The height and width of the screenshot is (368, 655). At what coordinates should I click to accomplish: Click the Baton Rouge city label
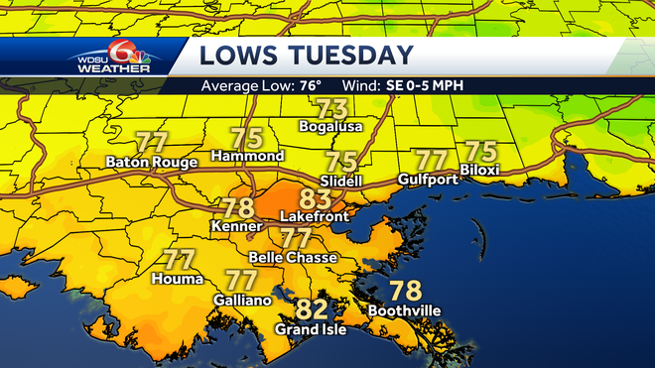151,160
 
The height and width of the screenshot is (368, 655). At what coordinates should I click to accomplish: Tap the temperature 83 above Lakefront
315,199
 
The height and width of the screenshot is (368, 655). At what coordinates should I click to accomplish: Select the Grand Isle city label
311,329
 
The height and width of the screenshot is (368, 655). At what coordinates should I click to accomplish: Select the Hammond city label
248,156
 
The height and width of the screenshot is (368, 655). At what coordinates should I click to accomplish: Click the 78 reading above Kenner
238,208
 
